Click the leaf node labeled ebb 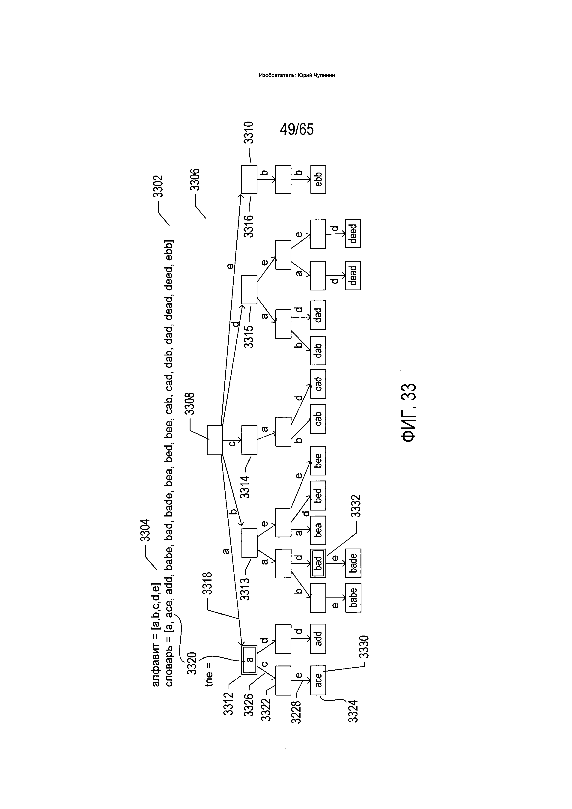[x=318, y=179]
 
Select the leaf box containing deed [x=353, y=234]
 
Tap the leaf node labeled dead [x=353, y=275]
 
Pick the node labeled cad [x=318, y=384]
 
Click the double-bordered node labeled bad [x=318, y=563]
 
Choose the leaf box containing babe [x=353, y=598]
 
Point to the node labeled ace [x=318, y=680]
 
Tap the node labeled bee [x=318, y=460]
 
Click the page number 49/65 [x=297, y=130]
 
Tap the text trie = [x=209, y=675]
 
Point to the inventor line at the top [x=297, y=75]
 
